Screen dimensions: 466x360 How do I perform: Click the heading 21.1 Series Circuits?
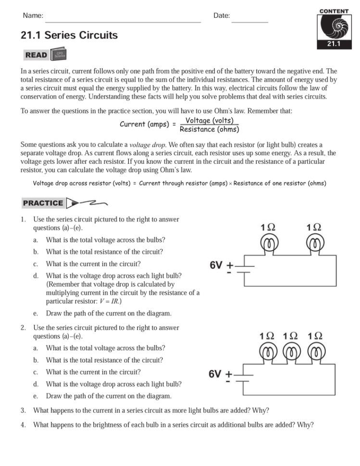(x=69, y=35)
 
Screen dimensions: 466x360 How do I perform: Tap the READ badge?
(x=37, y=55)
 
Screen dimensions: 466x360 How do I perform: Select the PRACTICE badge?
(x=43, y=203)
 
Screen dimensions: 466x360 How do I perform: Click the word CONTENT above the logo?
(x=334, y=11)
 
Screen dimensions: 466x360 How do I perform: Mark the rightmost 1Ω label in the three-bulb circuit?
(x=315, y=336)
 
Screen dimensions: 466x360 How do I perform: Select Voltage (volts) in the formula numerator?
(x=210, y=120)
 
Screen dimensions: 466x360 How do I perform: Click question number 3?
(x=23, y=410)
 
